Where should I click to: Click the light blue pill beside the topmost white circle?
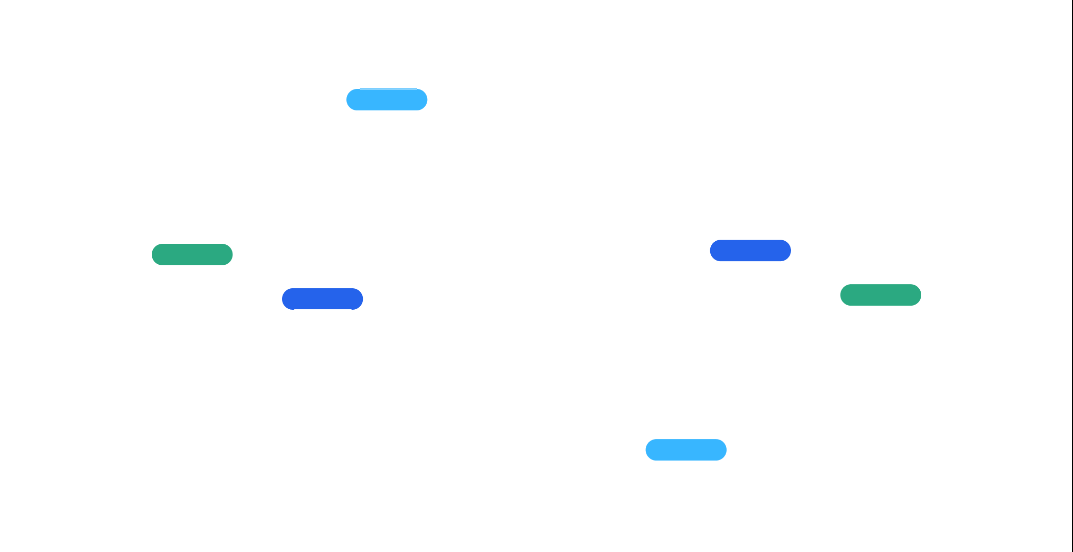point(387,100)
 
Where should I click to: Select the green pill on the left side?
point(192,255)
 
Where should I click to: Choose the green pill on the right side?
point(880,295)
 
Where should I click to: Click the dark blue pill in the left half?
point(322,299)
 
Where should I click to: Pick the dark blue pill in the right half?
point(750,250)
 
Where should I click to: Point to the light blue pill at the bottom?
point(686,450)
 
